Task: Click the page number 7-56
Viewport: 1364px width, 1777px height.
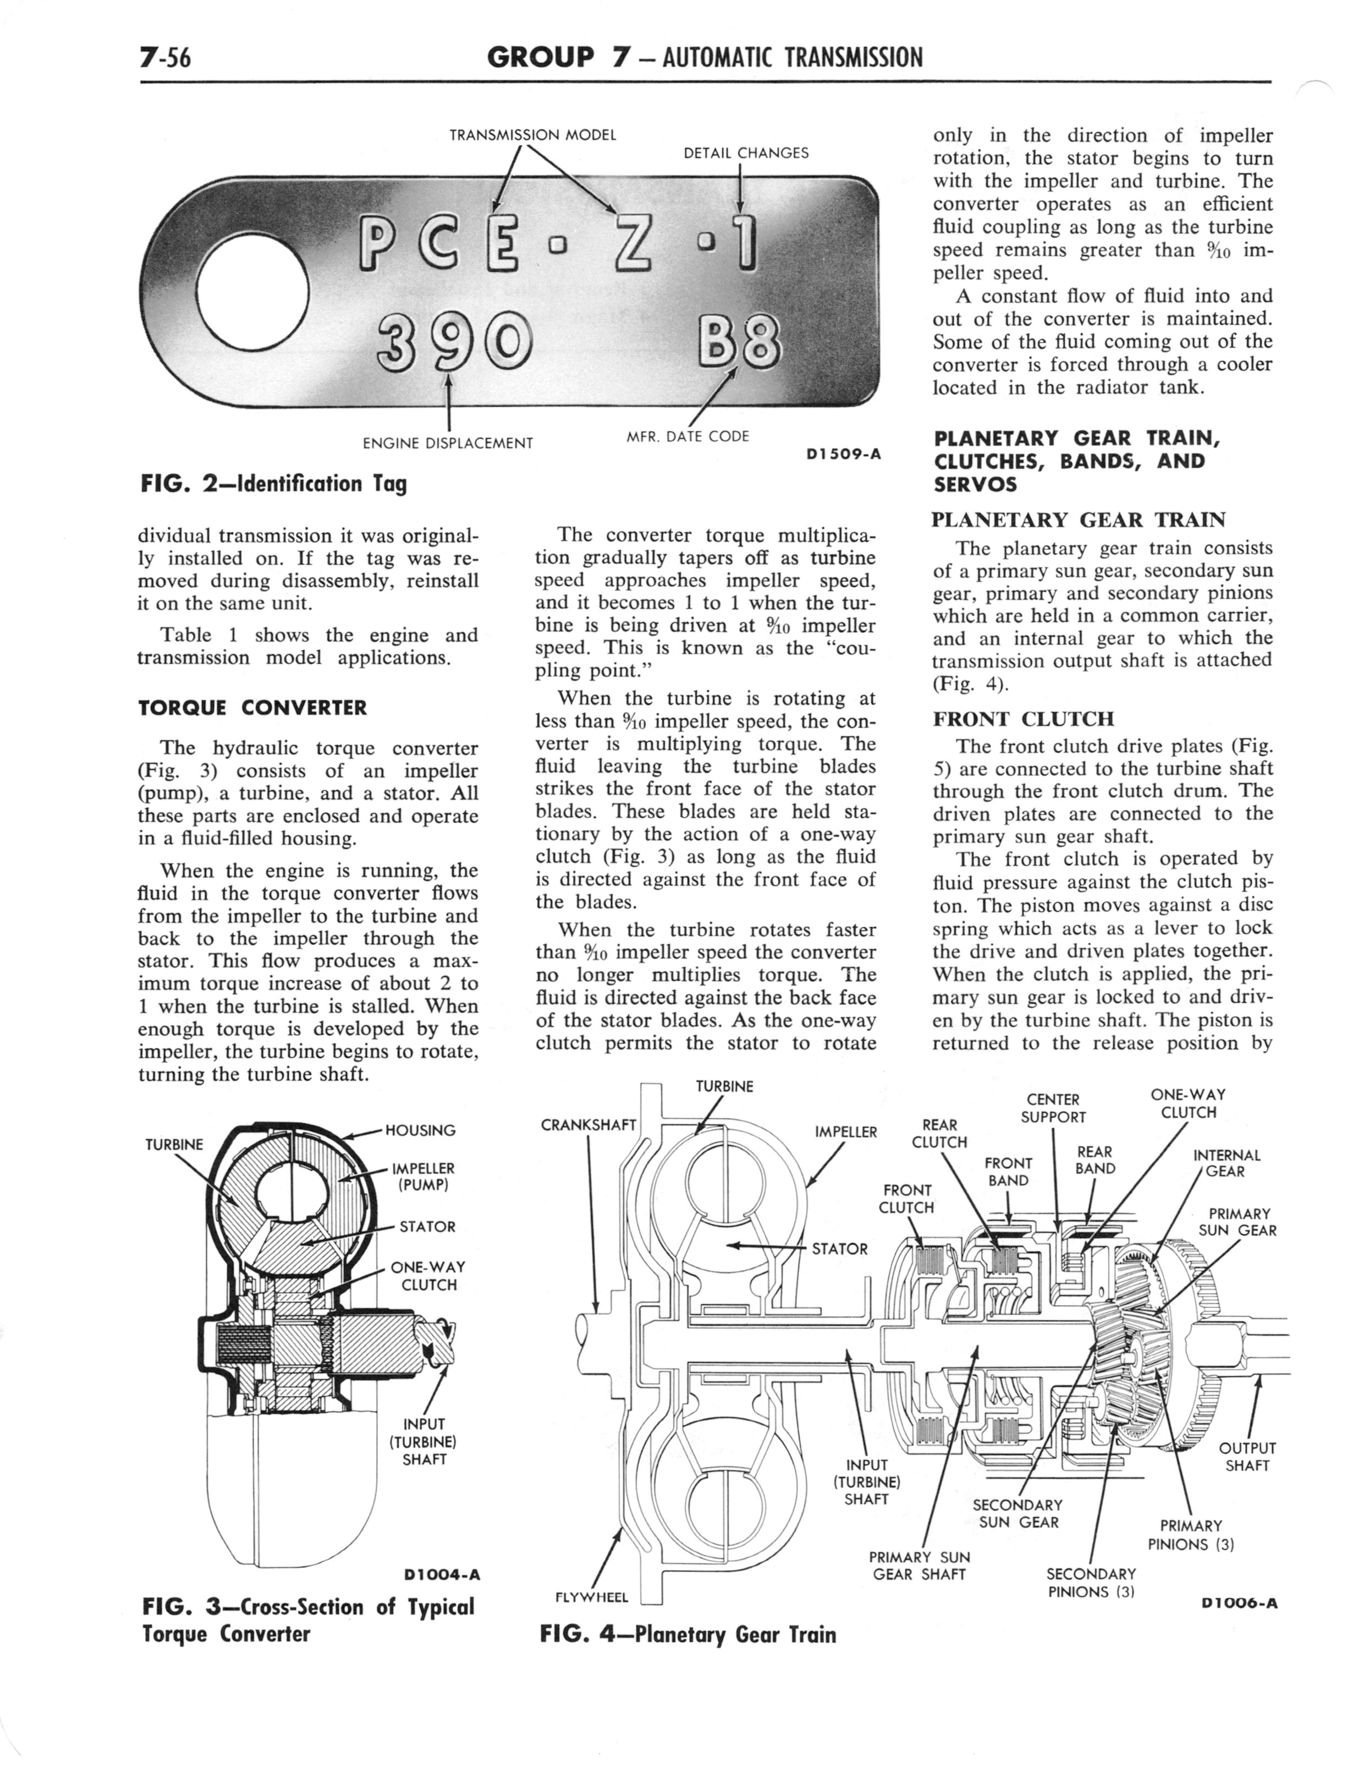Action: point(165,58)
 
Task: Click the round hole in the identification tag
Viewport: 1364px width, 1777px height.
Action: point(254,293)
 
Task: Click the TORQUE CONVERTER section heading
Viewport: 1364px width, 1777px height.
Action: point(252,707)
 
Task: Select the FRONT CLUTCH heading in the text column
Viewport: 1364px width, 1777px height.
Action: point(1023,719)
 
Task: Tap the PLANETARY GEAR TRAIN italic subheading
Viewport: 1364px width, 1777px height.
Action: point(1078,520)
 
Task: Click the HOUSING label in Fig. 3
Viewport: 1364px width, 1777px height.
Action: point(420,1130)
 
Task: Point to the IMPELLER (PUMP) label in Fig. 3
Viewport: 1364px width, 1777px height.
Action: point(423,1176)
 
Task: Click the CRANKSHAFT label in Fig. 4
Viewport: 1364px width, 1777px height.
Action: point(588,1125)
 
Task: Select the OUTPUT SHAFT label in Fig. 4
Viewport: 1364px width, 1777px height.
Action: point(1247,1457)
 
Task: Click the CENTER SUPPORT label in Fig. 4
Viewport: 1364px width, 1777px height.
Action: point(1053,1108)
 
